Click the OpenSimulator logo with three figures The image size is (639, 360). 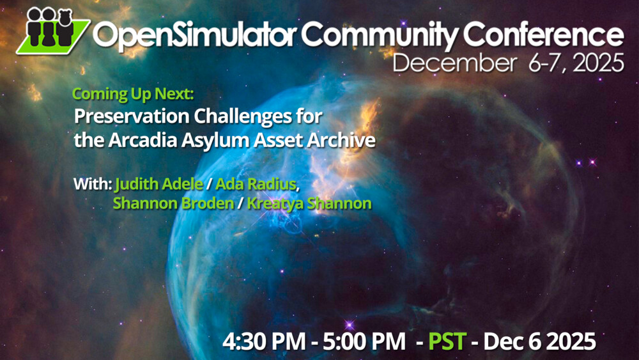click(x=53, y=31)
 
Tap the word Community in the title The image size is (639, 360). click(x=379, y=35)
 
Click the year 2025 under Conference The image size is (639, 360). click(x=598, y=63)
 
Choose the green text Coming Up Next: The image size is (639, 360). click(x=133, y=95)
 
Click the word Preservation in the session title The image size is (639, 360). click(x=132, y=117)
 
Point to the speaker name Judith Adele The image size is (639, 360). click(x=159, y=184)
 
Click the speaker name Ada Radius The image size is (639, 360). click(x=256, y=184)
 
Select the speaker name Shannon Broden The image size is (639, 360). click(x=174, y=203)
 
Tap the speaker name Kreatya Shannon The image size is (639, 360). click(x=309, y=203)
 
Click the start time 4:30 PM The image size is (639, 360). click(x=264, y=341)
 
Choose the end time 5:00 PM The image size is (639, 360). click(x=364, y=341)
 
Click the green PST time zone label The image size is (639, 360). click(x=447, y=341)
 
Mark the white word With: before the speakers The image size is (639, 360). click(x=93, y=184)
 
